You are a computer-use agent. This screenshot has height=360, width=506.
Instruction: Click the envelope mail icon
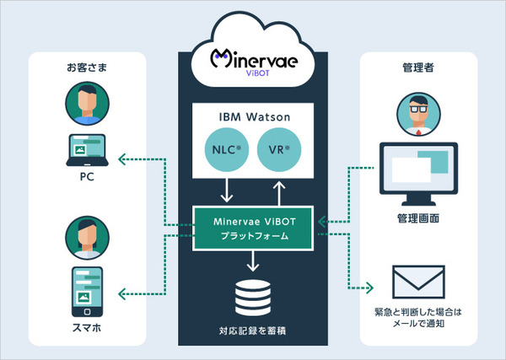[419, 283]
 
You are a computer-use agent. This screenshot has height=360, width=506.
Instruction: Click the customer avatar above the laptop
[87, 102]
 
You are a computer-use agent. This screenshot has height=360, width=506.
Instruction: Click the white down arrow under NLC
[225, 191]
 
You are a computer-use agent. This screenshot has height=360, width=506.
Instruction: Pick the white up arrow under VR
[280, 189]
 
